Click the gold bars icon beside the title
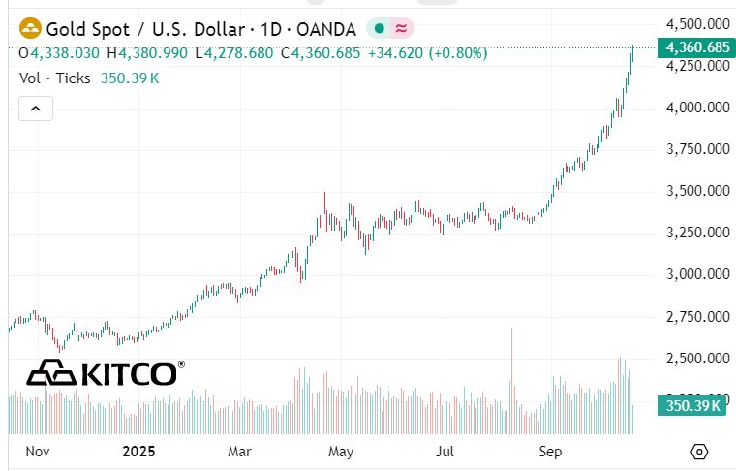point(30,28)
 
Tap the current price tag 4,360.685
point(692,47)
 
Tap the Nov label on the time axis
point(37,452)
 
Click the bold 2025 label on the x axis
point(139,452)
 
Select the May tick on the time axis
point(340,452)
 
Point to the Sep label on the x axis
point(550,452)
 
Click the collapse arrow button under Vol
point(36,109)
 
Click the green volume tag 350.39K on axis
point(691,406)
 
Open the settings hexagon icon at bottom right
point(700,452)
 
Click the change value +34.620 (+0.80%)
point(427,52)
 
